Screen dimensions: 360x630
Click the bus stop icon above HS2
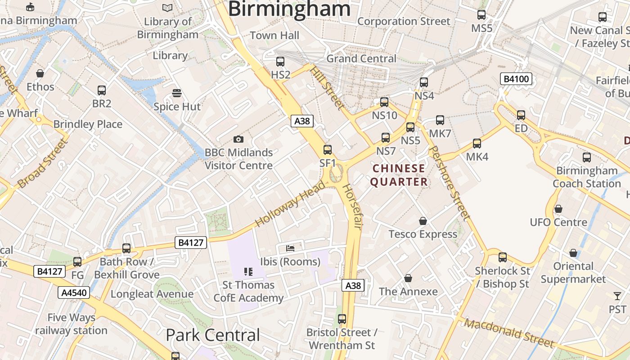(x=280, y=62)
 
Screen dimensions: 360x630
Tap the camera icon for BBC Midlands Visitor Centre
(x=238, y=139)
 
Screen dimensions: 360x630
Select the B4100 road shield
(x=516, y=79)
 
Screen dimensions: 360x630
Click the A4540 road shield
(x=74, y=293)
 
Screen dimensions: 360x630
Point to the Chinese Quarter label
(x=399, y=175)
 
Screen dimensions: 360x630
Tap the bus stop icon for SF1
(x=328, y=150)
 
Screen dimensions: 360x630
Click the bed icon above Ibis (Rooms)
(x=290, y=248)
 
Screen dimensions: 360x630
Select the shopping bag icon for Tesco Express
(x=423, y=221)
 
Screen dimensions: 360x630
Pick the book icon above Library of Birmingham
(x=167, y=8)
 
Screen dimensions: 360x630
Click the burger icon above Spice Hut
(x=177, y=93)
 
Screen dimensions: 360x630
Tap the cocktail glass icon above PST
(x=617, y=296)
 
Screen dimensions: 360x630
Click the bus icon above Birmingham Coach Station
(x=587, y=157)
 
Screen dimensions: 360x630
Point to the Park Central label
(x=213, y=335)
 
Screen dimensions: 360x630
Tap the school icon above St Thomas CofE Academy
(x=248, y=271)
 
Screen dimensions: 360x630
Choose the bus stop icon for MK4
(x=477, y=144)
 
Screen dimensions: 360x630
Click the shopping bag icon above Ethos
(x=40, y=73)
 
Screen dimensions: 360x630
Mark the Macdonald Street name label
(x=509, y=333)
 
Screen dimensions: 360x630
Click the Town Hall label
(x=274, y=36)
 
